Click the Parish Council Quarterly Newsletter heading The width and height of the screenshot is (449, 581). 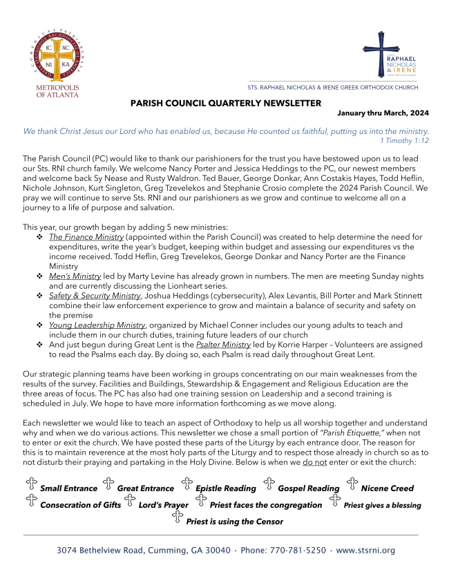226,103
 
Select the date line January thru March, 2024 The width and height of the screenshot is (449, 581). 383,113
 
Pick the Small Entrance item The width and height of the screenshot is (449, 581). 68,488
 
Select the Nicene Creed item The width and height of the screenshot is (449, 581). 387,488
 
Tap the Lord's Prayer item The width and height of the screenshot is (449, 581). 163,505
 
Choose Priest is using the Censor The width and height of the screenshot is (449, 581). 234,522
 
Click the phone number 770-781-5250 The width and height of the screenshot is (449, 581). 296,551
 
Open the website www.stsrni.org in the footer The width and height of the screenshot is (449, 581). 365,551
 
